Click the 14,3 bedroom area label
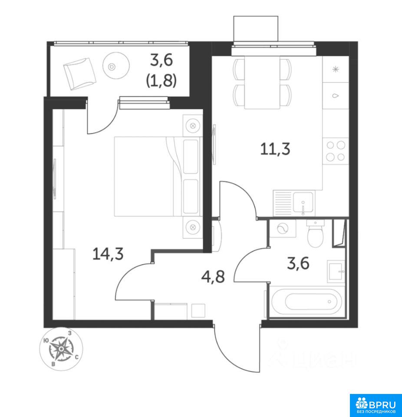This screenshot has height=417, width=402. pyautogui.click(x=108, y=254)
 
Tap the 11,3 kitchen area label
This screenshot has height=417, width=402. pyautogui.click(x=275, y=149)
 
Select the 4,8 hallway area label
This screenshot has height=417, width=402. pyautogui.click(x=213, y=277)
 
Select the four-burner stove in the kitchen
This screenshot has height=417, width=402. pyautogui.click(x=336, y=151)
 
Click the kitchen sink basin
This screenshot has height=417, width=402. pyautogui.click(x=303, y=203)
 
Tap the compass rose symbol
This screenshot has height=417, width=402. pyautogui.click(x=61, y=349)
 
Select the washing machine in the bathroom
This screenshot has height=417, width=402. pyautogui.click(x=282, y=228)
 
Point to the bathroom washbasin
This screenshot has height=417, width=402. pyautogui.click(x=336, y=271)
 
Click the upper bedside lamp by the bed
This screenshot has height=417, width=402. pyautogui.click(x=193, y=125)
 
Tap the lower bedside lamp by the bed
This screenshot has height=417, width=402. pyautogui.click(x=193, y=227)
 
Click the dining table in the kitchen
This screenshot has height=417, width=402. pyautogui.click(x=262, y=83)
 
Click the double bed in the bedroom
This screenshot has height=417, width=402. pyautogui.click(x=157, y=176)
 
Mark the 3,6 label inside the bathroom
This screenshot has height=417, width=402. pyautogui.click(x=298, y=264)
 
